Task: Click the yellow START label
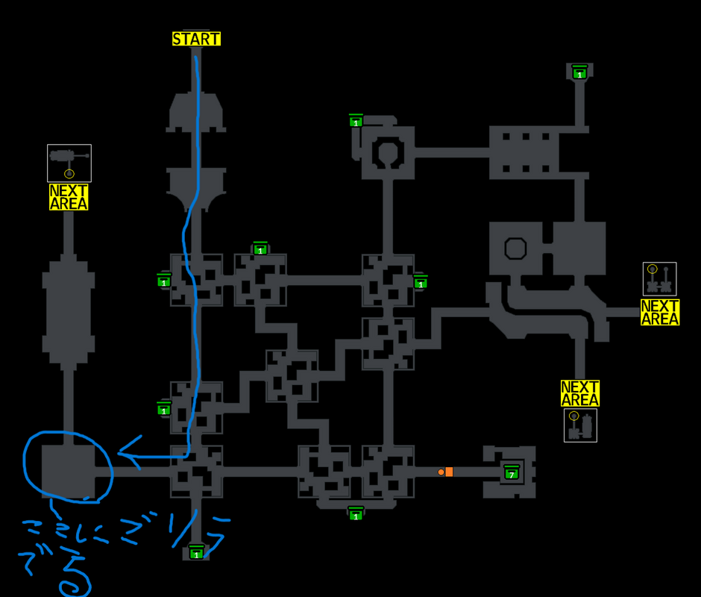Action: [196, 39]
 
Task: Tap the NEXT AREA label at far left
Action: [69, 197]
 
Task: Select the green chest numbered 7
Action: [511, 472]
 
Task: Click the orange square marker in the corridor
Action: [449, 472]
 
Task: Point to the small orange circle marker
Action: [441, 472]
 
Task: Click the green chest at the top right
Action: [579, 72]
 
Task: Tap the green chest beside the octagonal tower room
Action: [356, 120]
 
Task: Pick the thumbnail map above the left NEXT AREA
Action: [69, 163]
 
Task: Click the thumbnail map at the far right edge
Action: [659, 279]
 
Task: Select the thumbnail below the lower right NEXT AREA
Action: [580, 425]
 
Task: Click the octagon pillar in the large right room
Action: [516, 248]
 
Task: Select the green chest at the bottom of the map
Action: [196, 552]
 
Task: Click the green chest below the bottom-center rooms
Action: [356, 513]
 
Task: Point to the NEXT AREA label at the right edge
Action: [659, 313]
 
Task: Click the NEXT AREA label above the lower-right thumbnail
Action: [580, 393]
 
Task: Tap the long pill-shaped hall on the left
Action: [69, 313]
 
